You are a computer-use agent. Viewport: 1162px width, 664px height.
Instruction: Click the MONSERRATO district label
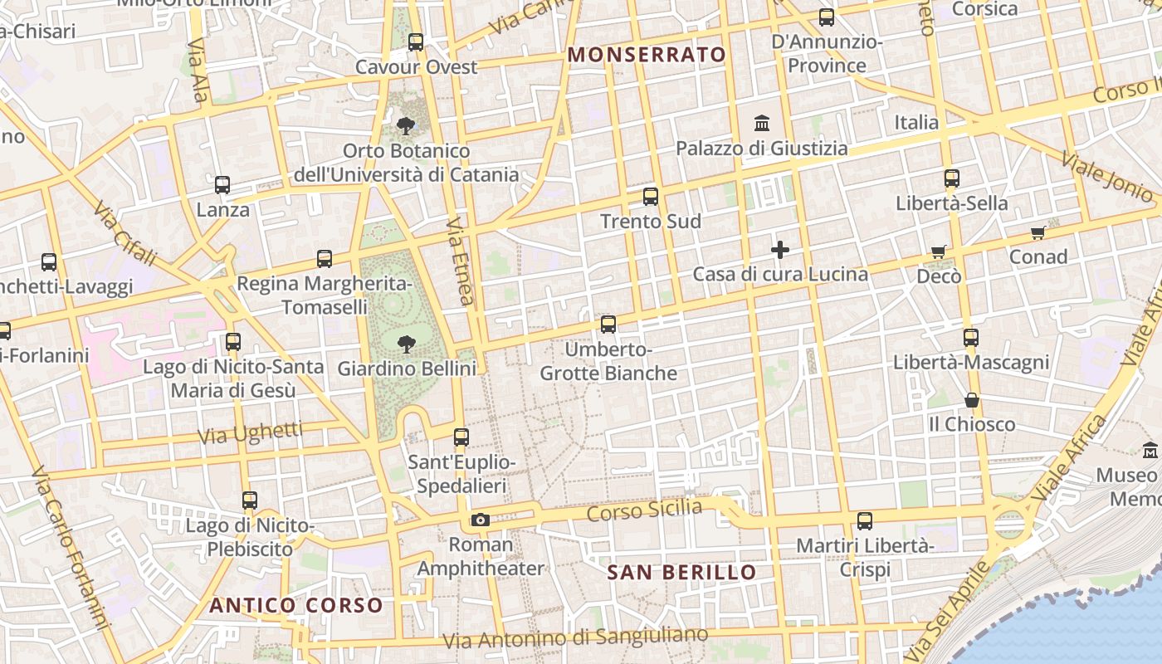(646, 55)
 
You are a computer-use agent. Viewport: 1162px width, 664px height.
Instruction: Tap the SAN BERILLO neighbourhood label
(681, 572)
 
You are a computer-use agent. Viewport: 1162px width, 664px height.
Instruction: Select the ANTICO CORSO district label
(296, 605)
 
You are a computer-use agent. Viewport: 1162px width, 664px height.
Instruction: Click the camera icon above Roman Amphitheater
(480, 520)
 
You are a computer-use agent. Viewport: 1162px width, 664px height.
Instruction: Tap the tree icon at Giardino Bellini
(406, 343)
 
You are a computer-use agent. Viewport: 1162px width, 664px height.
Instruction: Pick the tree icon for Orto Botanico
(406, 126)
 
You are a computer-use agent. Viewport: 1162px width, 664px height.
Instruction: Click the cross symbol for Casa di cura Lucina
(780, 249)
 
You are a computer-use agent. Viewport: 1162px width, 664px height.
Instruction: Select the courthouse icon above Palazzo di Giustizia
(761, 124)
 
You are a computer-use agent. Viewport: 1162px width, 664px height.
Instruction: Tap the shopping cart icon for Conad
(1037, 232)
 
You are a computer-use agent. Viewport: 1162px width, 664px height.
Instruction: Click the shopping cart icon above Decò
(939, 251)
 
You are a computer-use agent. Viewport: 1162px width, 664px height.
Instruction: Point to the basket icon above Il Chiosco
(971, 400)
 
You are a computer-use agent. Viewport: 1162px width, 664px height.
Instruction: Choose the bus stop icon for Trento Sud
(651, 197)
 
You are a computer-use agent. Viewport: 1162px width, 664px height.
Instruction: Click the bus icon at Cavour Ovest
(416, 41)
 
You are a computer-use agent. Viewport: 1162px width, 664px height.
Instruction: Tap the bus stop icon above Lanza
(222, 185)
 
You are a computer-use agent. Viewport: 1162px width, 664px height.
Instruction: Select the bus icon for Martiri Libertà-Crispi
(864, 521)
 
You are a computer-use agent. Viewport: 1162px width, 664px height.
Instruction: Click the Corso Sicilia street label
(644, 509)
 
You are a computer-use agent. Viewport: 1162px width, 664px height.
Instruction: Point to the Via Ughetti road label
(250, 432)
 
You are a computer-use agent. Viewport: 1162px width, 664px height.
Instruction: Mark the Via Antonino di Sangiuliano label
(576, 637)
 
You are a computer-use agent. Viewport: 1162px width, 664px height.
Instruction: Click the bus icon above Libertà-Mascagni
(970, 338)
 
